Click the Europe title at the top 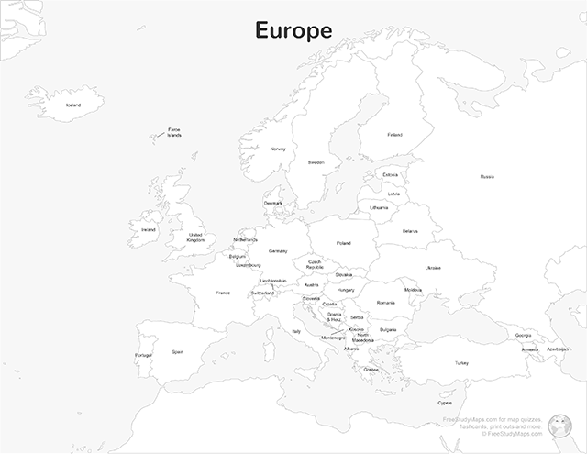pos(293,30)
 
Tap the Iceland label pos(73,105)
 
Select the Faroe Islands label pos(174,133)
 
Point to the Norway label pos(278,149)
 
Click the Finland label pos(394,135)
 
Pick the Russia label pos(487,176)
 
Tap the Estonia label pos(391,174)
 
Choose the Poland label pos(344,243)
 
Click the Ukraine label pos(433,267)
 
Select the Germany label pos(278,250)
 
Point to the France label pos(223,293)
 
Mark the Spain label pos(177,351)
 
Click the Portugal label pos(144,355)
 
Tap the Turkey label pos(461,362)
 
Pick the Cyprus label pos(445,402)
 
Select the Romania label pos(385,302)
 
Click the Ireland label pos(149,230)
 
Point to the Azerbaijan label pos(558,349)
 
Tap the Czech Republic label pos(316,264)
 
